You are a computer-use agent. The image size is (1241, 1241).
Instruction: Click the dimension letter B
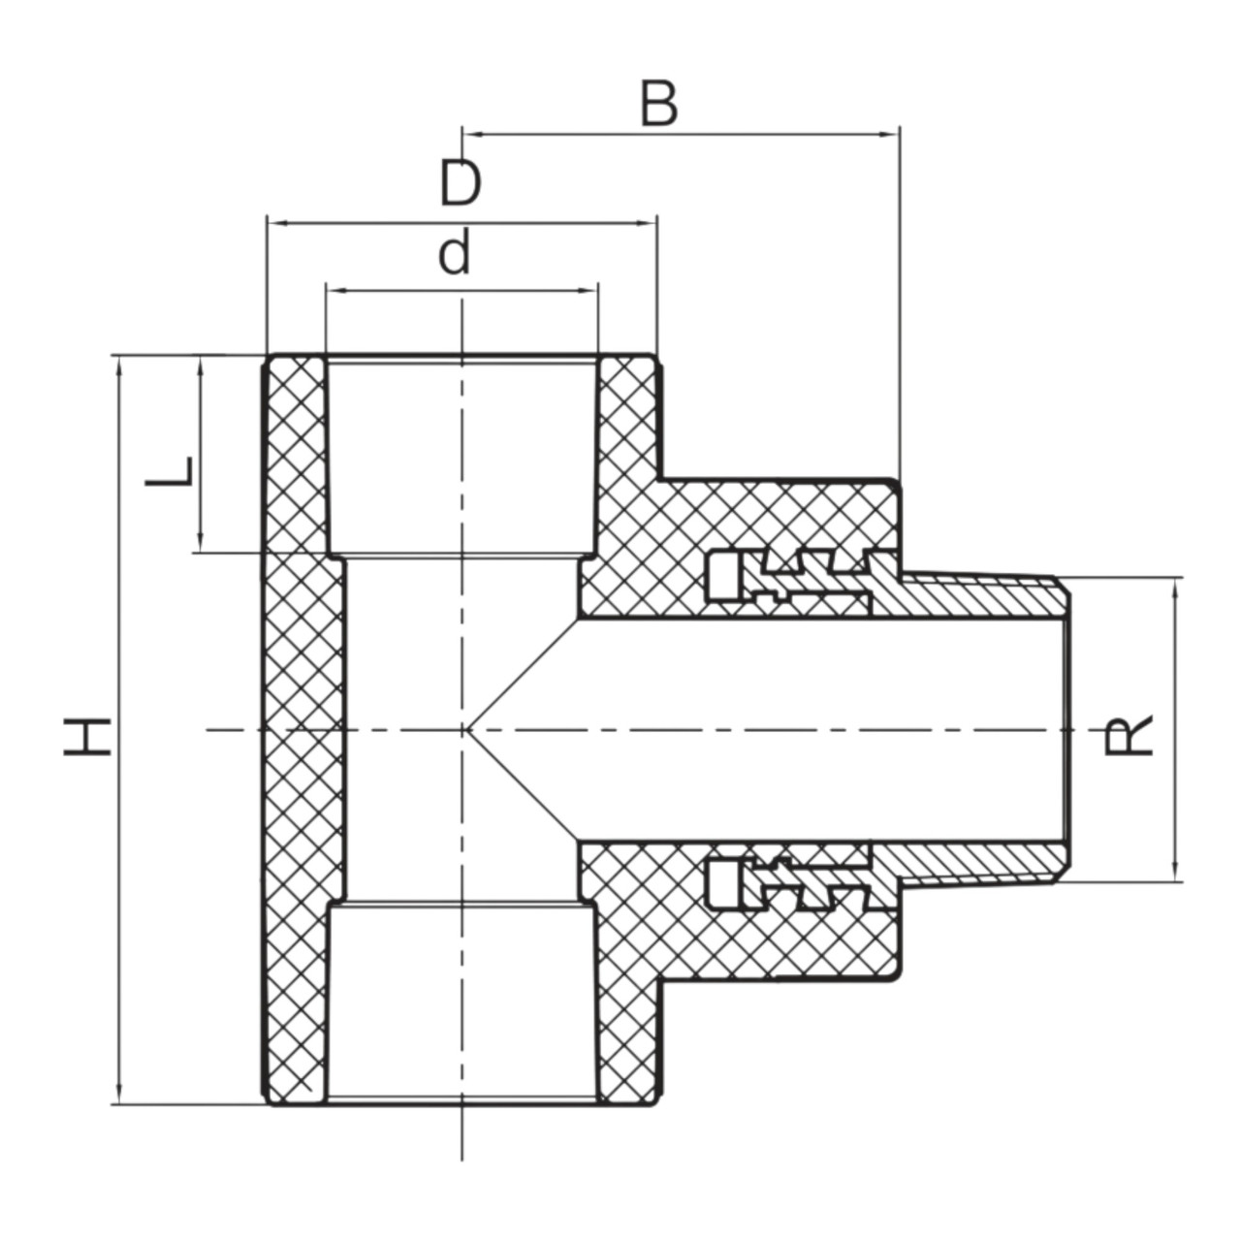[659, 104]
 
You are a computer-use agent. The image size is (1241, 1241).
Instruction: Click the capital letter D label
[461, 183]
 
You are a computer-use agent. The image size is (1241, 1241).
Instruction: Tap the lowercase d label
[454, 253]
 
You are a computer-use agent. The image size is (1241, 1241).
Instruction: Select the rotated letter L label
[169, 471]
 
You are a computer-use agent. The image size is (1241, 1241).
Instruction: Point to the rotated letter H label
[87, 736]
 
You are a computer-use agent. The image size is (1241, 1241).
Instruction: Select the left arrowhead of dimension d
[336, 291]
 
